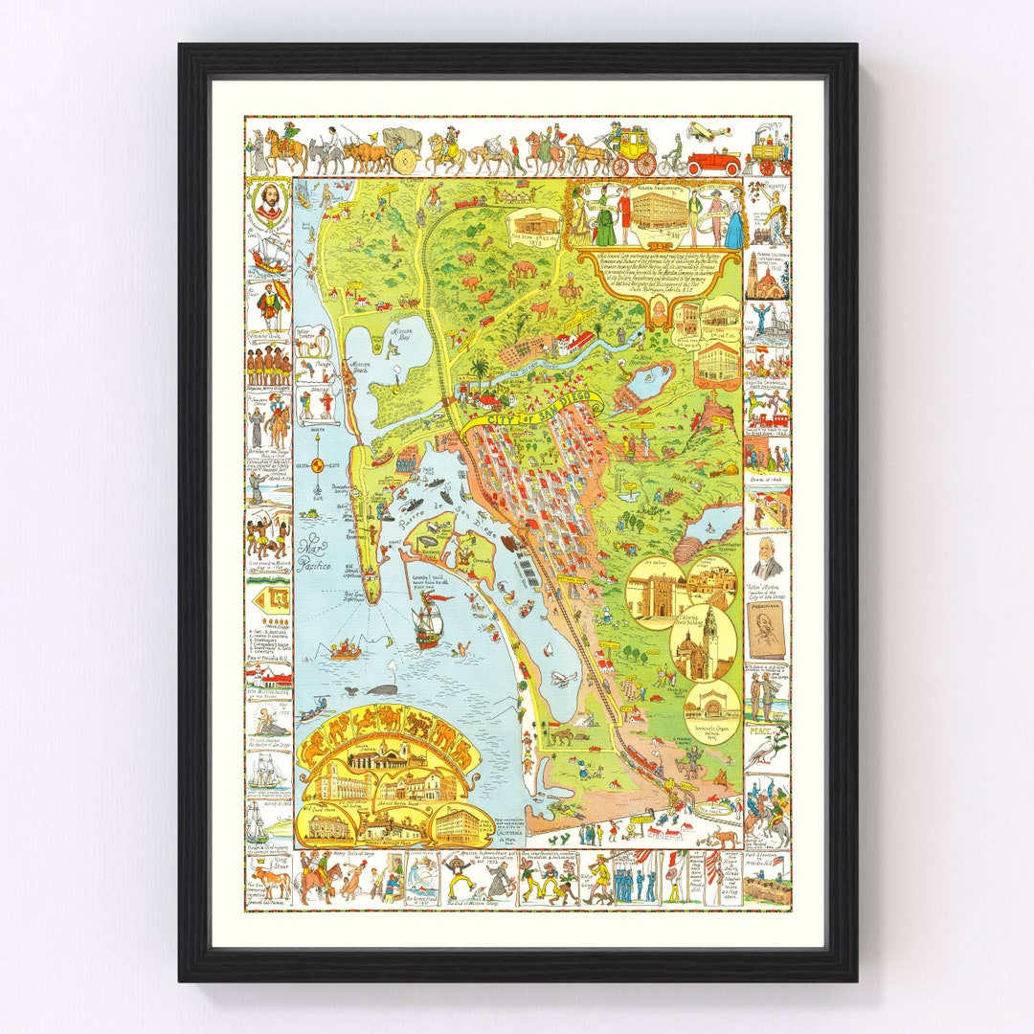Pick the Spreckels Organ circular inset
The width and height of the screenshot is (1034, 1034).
coord(711,709)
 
